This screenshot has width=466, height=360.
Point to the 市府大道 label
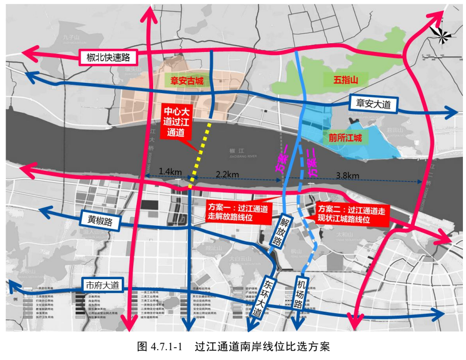[x=102, y=284]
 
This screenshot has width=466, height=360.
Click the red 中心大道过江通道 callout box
[x=177, y=123]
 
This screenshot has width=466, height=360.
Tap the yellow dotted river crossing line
[x=200, y=154]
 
